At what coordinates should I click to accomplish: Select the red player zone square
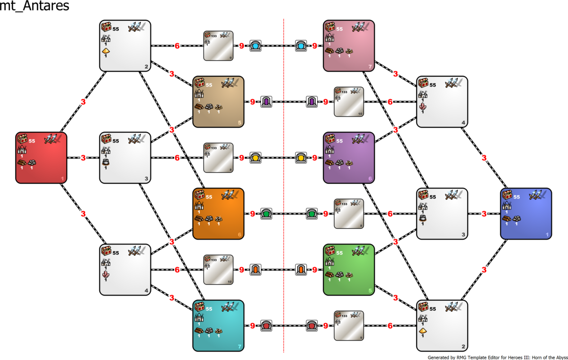(x=41, y=158)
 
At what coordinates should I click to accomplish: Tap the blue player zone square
(x=526, y=214)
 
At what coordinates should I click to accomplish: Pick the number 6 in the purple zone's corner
(x=370, y=179)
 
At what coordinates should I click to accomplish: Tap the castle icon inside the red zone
(x=22, y=150)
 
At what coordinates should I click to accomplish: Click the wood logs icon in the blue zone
(x=507, y=218)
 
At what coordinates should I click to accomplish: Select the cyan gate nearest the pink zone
(x=301, y=46)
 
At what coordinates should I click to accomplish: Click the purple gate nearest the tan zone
(x=266, y=102)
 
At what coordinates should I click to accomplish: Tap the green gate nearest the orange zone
(x=266, y=214)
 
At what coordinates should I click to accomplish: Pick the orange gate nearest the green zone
(x=301, y=270)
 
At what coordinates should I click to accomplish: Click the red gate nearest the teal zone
(x=266, y=325)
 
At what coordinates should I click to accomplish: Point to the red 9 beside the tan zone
(x=252, y=102)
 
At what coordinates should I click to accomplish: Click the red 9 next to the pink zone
(x=315, y=46)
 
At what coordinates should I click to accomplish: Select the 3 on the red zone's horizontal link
(x=83, y=158)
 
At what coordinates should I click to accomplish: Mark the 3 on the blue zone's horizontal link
(x=484, y=214)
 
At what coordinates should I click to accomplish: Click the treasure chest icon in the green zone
(x=330, y=251)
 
